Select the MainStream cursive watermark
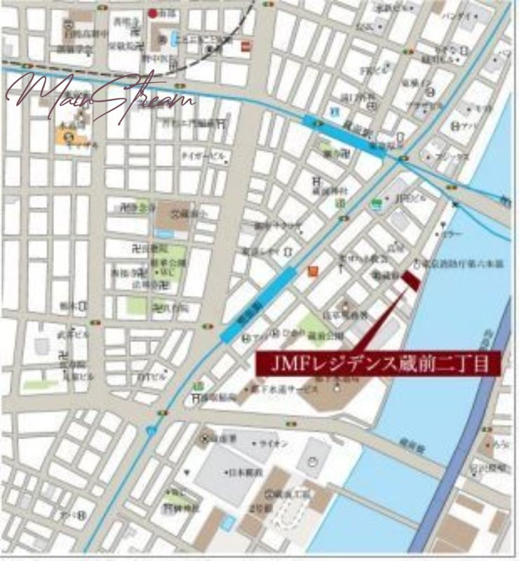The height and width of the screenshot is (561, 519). point(98,98)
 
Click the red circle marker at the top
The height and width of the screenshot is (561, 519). point(153,13)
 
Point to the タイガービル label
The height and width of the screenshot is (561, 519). point(203,154)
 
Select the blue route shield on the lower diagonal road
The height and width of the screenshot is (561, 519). point(150,430)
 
